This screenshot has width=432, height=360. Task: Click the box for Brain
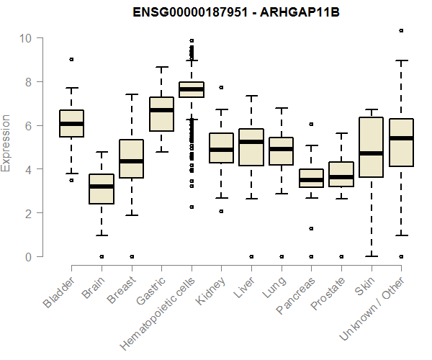(102, 189)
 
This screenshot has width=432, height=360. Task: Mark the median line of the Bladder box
(72, 124)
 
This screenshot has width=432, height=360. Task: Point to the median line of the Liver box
(251, 142)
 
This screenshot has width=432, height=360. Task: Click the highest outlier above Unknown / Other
(401, 31)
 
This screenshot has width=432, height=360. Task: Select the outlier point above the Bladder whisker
(72, 59)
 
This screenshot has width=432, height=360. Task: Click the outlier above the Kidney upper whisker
(221, 87)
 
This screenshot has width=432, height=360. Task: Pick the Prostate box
(341, 175)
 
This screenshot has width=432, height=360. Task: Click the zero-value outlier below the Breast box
(132, 256)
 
